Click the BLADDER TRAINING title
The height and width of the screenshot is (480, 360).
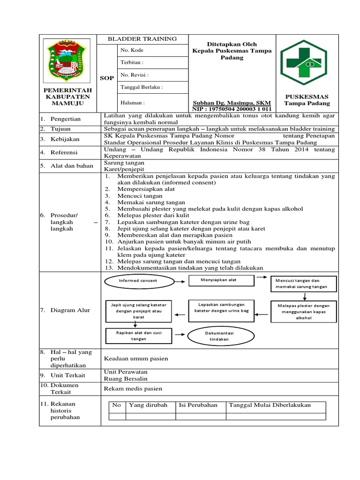pyautogui.click(x=142, y=39)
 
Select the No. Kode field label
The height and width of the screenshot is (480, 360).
pyautogui.click(x=132, y=50)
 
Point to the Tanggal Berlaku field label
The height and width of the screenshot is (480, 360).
pyautogui.click(x=142, y=87)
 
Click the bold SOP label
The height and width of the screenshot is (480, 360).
pyautogui.click(x=107, y=78)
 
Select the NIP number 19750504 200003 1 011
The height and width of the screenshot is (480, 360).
pyautogui.click(x=232, y=109)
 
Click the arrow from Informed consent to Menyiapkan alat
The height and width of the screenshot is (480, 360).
pyautogui.click(x=180, y=280)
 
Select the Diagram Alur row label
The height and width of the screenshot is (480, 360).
pyautogui.click(x=70, y=310)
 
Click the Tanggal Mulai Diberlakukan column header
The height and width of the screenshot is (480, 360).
pyautogui.click(x=269, y=405)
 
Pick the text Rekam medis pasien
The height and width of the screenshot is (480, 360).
pyautogui.click(x=133, y=388)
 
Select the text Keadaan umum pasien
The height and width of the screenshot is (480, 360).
pyautogui.click(x=136, y=359)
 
